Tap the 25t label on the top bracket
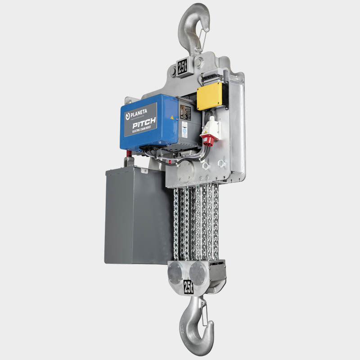coord(183,68)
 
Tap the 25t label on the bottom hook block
coord(189,286)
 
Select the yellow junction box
coord(210,96)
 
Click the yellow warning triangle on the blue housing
coord(172,117)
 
